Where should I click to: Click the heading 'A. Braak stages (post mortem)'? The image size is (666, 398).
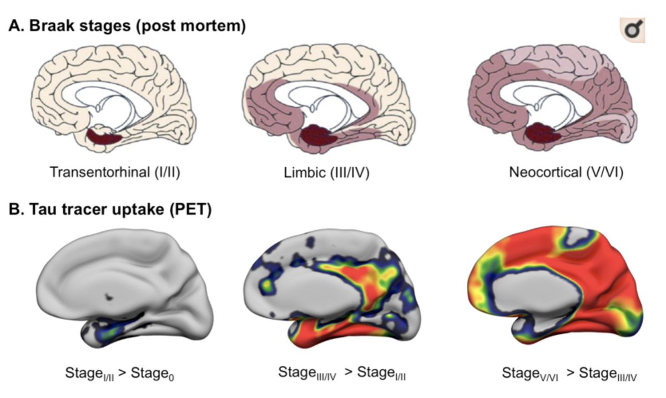(127, 26)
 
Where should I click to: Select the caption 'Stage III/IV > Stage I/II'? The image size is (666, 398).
(342, 373)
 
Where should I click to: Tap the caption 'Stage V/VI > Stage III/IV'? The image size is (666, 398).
(569, 373)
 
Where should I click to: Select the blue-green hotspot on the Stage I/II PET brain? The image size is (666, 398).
(104, 332)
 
